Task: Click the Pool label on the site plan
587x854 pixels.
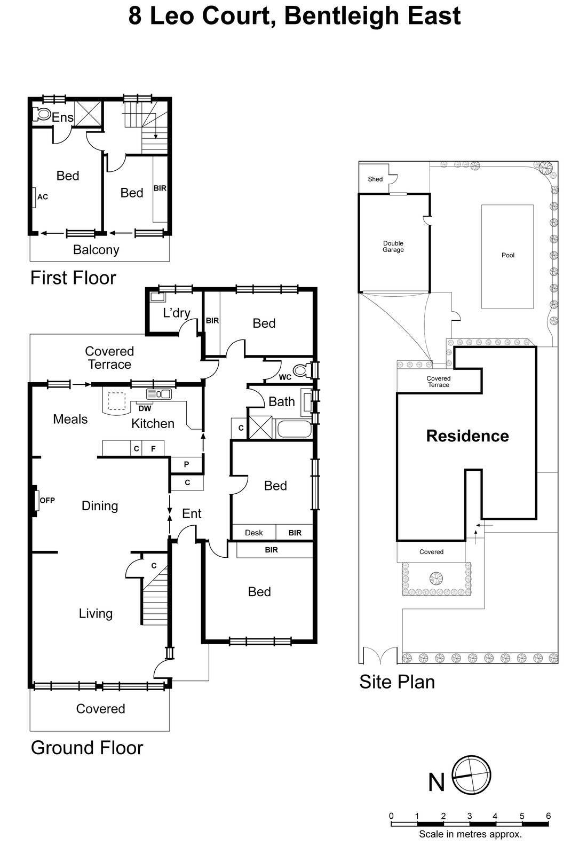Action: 507,255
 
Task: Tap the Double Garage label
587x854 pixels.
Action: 393,247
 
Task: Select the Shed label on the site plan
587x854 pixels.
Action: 375,179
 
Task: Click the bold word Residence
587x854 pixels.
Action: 467,436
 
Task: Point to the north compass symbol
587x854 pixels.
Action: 471,775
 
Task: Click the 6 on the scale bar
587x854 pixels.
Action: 548,816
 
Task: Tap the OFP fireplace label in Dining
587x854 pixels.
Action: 47,500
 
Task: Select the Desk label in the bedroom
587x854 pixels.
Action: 254,533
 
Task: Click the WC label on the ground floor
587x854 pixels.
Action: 285,377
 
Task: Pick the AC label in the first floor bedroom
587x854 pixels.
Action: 43,197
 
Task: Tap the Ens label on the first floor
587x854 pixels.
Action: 62,117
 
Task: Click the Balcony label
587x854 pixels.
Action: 96,249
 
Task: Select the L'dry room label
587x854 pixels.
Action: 176,313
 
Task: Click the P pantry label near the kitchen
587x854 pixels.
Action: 186,464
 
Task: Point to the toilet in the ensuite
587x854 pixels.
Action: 42,114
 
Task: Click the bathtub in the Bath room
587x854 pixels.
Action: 293,429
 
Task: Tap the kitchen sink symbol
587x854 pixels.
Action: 159,394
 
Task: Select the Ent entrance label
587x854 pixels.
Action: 192,513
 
